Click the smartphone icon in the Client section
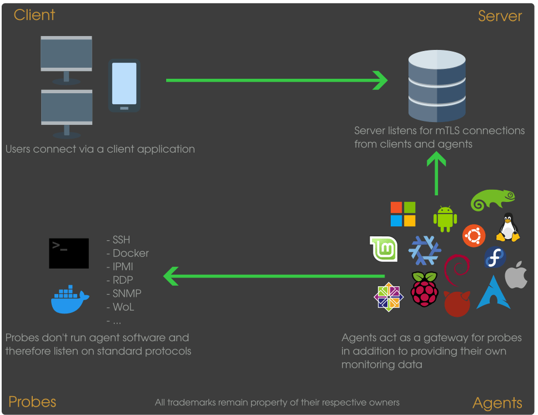pos(124,85)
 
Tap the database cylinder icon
pos(436,86)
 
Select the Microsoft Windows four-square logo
pos(403,214)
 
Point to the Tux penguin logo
pos(507,227)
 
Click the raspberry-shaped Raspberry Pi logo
pos(425,289)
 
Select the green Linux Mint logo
pos(384,249)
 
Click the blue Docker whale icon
pos(69,300)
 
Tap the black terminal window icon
pos(69,254)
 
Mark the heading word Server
pos(500,16)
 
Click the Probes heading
pos(32,402)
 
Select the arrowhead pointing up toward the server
pos(436,160)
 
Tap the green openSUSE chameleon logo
pos(492,200)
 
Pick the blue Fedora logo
pos(494,257)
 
